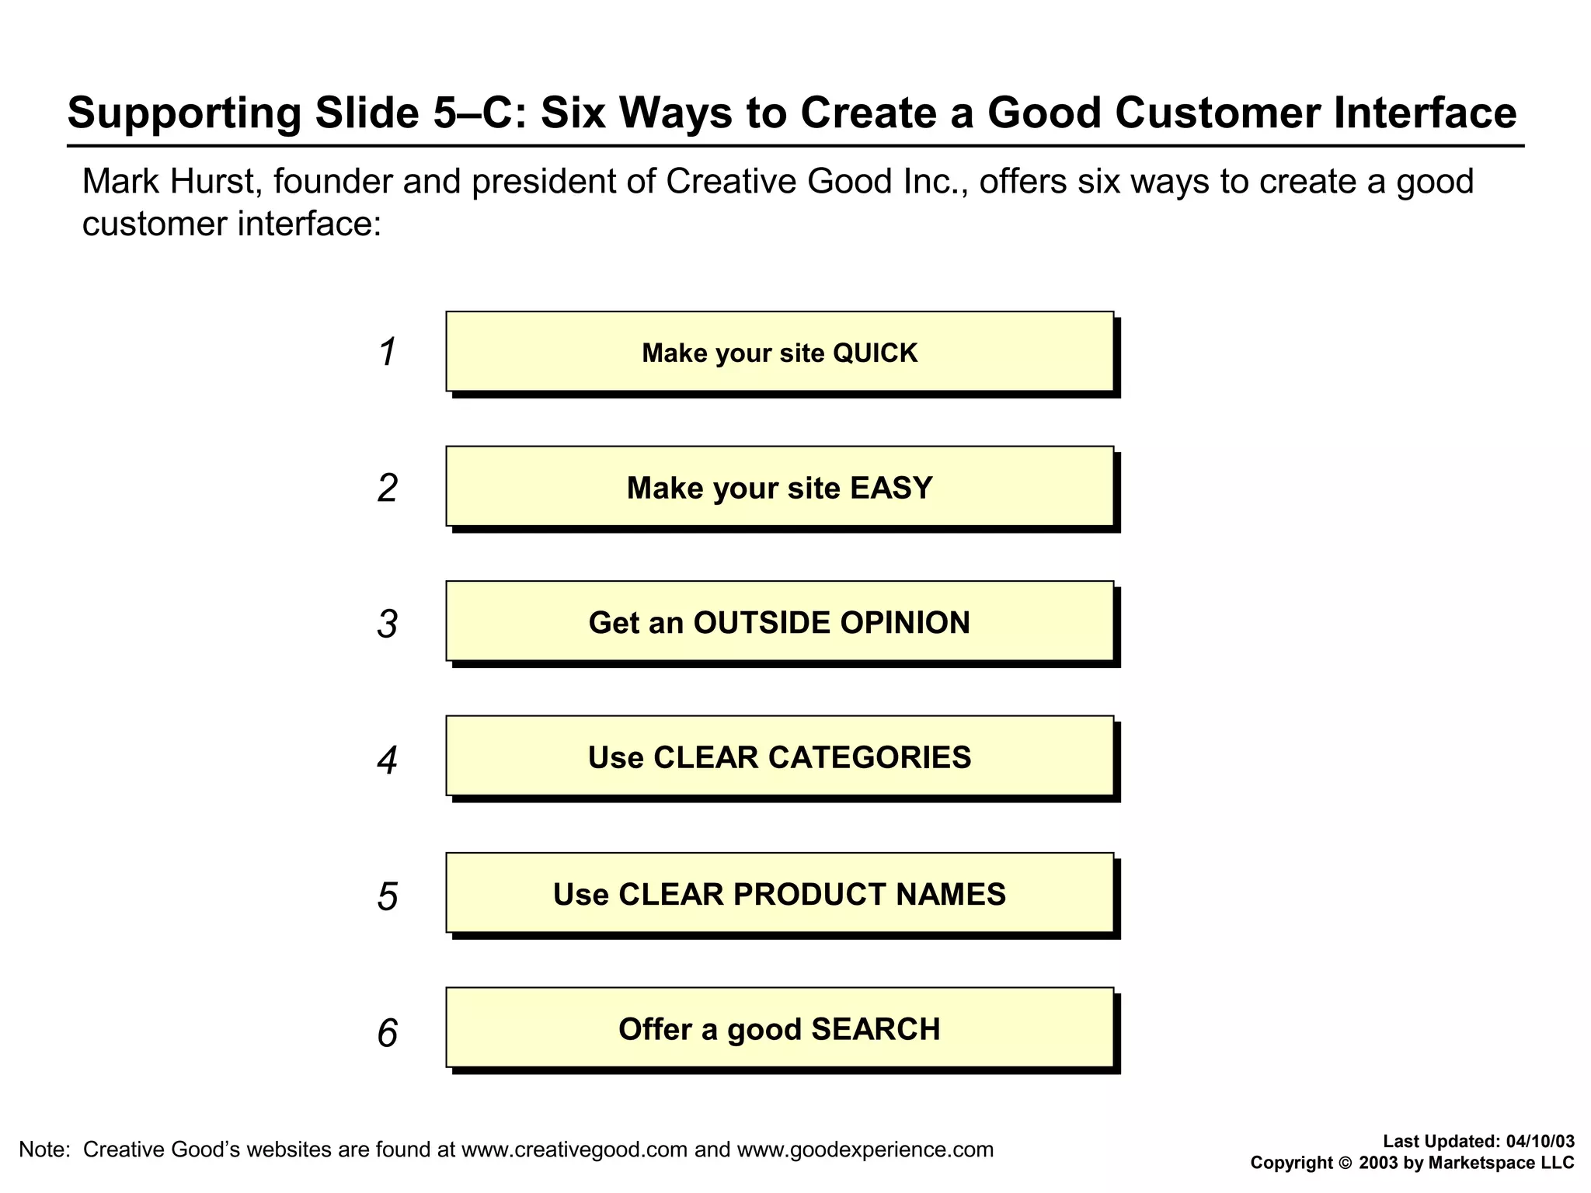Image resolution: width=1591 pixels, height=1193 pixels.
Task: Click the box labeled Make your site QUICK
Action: click(779, 352)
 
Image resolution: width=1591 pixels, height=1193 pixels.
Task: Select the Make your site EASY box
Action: click(779, 487)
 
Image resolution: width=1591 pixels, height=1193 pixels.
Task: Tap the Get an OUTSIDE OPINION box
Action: click(779, 622)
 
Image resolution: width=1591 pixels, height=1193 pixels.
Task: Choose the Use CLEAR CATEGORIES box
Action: click(779, 757)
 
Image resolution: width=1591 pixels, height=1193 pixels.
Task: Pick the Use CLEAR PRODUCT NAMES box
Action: click(779, 894)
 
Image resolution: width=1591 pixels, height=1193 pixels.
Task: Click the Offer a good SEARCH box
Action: click(779, 1028)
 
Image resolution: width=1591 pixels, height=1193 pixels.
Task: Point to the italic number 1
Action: click(388, 352)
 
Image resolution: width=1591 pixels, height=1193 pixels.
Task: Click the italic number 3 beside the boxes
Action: click(387, 624)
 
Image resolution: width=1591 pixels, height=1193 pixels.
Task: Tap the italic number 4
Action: click(387, 760)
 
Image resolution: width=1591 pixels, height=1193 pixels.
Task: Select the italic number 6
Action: click(387, 1034)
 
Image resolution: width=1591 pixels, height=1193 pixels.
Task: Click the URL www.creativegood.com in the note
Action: click(574, 1150)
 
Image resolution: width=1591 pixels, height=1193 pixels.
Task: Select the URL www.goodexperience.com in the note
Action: click(865, 1150)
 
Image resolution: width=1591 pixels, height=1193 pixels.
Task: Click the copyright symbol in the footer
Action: click(1345, 1163)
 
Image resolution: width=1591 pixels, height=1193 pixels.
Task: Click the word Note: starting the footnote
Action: click(44, 1150)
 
